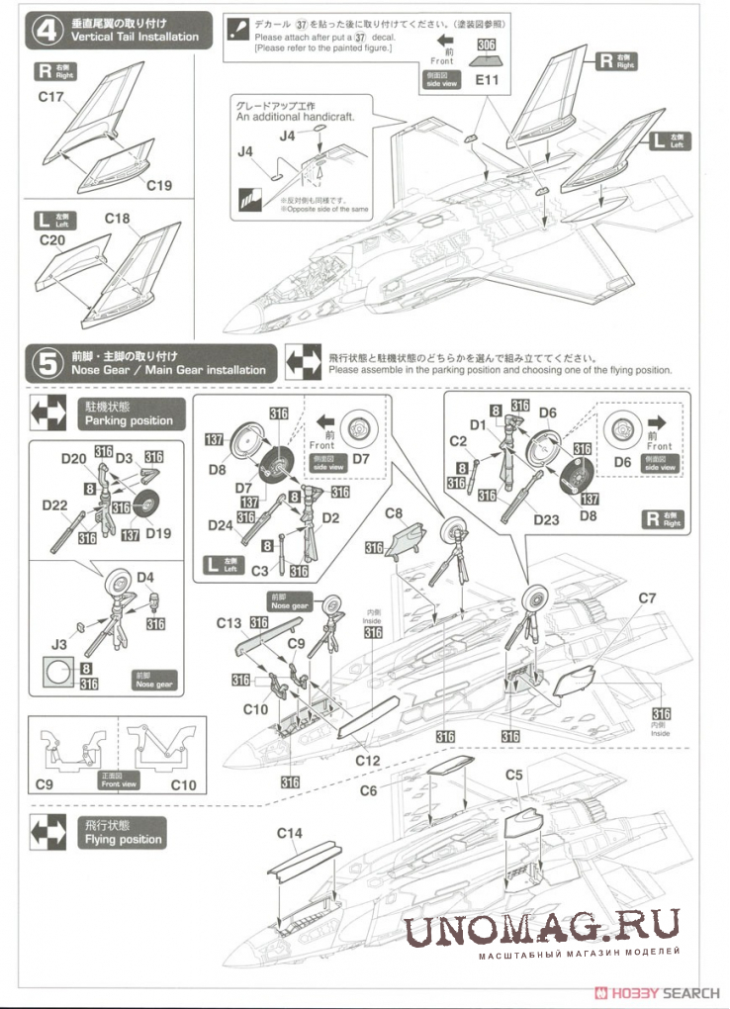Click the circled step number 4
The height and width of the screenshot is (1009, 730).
[x=46, y=30]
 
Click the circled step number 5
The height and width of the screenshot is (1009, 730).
[x=46, y=363]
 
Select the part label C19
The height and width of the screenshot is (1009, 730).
[x=159, y=184]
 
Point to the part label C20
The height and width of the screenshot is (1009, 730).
[x=51, y=240]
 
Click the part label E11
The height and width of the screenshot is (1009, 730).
[x=486, y=81]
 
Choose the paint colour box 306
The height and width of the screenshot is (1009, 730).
[x=486, y=45]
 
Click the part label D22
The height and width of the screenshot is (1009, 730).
[x=54, y=505]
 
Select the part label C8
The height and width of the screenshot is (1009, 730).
[x=394, y=513]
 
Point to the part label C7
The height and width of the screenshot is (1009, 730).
[x=647, y=597]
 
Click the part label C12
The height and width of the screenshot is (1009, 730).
[x=368, y=761]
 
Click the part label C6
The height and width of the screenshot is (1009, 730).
[x=368, y=790]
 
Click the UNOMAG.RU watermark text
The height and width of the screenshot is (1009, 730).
[x=542, y=929]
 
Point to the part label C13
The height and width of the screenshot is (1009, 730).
[x=228, y=623]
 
